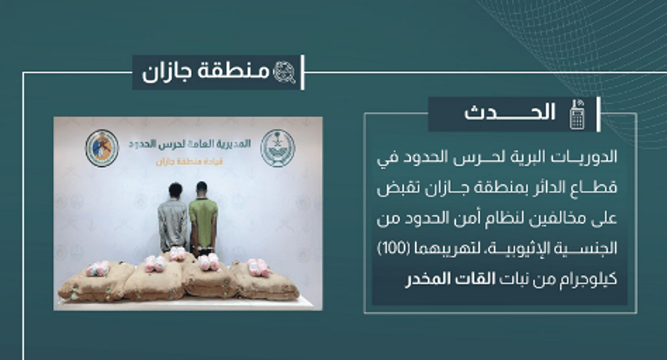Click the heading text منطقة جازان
click(206, 72)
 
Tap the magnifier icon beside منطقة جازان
click(285, 72)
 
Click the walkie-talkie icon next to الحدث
click(578, 114)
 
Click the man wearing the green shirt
click(203, 219)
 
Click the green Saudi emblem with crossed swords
click(277, 148)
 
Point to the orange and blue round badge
click(102, 148)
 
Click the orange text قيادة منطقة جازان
click(190, 162)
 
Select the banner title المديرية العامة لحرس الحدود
click(190, 144)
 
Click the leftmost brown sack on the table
click(95, 282)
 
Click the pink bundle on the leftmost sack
click(98, 268)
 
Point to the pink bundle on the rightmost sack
click(258, 267)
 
